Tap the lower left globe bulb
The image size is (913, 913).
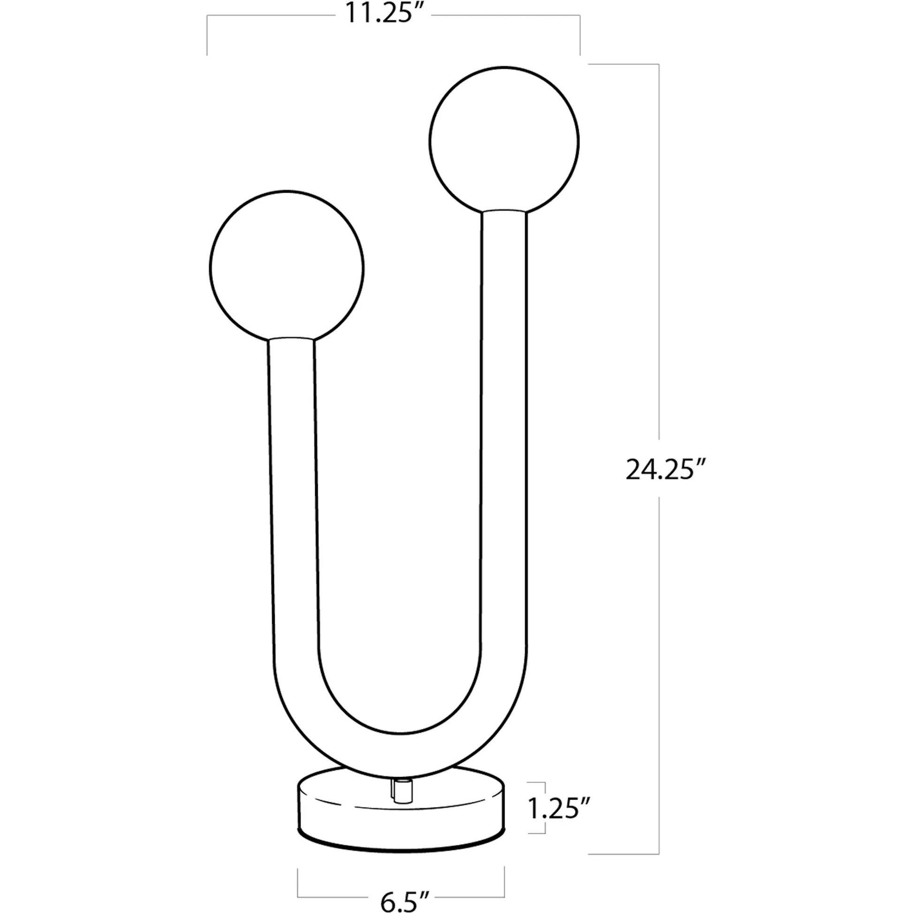point(287,267)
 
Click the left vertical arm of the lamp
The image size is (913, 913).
point(293,496)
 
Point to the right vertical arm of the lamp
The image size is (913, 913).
point(504,426)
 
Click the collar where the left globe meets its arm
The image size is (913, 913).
point(290,338)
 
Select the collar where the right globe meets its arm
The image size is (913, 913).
point(504,211)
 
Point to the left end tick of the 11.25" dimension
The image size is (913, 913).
point(207,36)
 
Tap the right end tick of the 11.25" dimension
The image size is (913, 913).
point(580,36)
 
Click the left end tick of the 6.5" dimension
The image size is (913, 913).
point(298,882)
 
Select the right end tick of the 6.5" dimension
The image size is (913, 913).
point(504,882)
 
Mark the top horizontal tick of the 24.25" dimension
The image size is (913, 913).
point(623,64)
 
